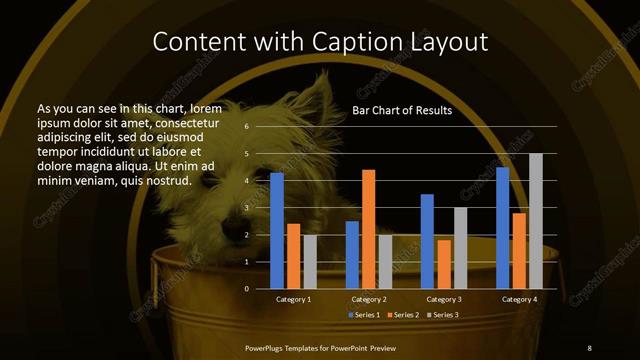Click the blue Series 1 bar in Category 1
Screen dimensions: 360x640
pyautogui.click(x=277, y=231)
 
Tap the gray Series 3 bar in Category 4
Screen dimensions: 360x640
pyautogui.click(x=536, y=221)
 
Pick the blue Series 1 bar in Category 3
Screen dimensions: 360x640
pyautogui.click(x=427, y=241)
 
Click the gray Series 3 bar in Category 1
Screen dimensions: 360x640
pyautogui.click(x=310, y=262)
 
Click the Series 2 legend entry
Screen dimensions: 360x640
pyautogui.click(x=402, y=316)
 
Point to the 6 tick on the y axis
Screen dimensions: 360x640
pyautogui.click(x=246, y=127)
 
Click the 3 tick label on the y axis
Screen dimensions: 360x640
pyautogui.click(x=246, y=208)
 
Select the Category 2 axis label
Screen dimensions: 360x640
pyautogui.click(x=369, y=300)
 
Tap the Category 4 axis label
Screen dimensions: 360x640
pyautogui.click(x=519, y=300)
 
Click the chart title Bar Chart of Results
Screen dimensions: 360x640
pyautogui.click(x=402, y=111)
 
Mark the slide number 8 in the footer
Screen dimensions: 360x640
pyautogui.click(x=589, y=347)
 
